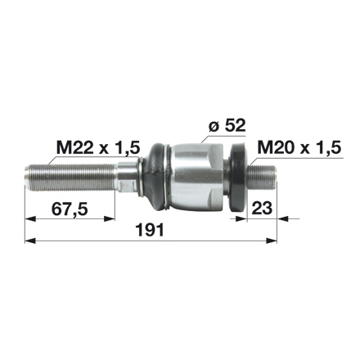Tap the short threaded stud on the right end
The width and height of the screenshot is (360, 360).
(264, 175)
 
